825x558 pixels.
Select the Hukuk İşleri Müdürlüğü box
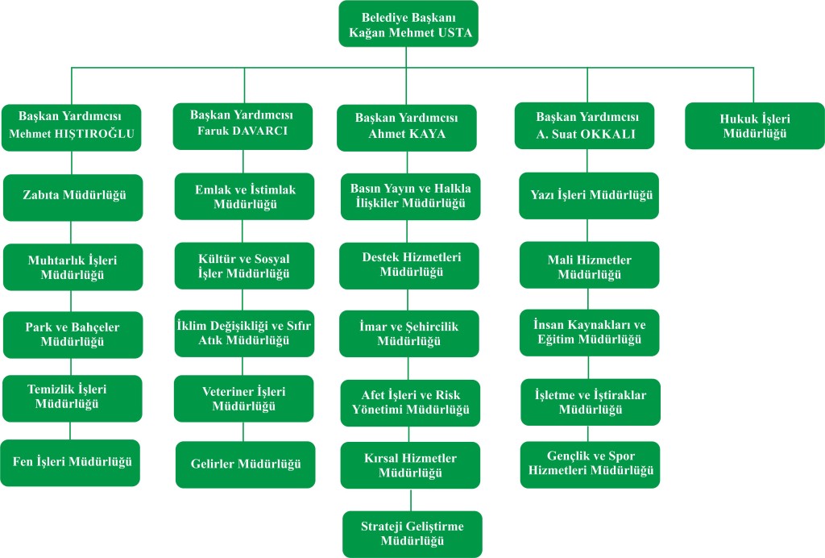(x=754, y=126)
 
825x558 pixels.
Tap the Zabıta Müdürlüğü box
(x=73, y=196)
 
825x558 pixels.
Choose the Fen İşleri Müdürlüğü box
(x=72, y=462)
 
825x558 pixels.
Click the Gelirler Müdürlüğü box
(x=246, y=464)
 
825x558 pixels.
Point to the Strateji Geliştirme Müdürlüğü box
(x=412, y=533)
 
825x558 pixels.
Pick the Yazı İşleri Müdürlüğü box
(x=589, y=195)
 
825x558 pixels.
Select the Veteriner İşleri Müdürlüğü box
(x=244, y=398)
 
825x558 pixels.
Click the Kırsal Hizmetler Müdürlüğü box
(x=411, y=465)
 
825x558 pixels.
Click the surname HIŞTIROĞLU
(x=95, y=134)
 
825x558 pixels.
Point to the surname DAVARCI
(x=260, y=131)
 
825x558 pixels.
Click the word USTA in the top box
(x=454, y=35)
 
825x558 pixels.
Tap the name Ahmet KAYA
(x=407, y=135)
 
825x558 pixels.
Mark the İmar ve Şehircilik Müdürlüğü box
(x=408, y=334)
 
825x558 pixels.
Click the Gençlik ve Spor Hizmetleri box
(x=589, y=463)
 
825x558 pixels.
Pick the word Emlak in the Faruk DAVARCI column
(x=211, y=189)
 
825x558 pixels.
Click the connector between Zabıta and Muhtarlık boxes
(x=72, y=232)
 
